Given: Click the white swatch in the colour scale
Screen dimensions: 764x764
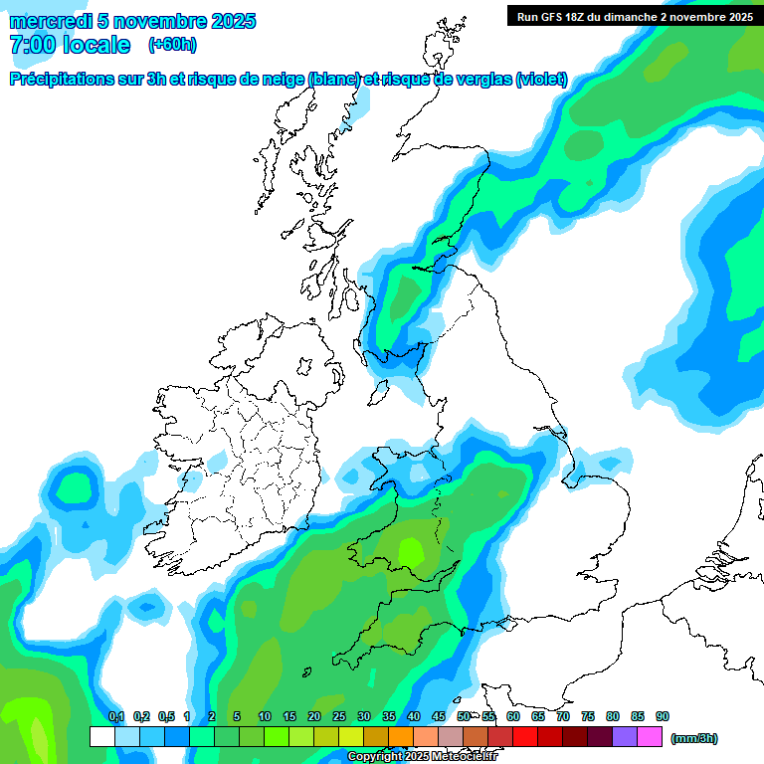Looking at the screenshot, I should point(101,736).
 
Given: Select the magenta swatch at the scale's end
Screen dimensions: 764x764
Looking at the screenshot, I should point(650,736).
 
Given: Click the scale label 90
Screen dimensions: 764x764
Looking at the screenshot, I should point(663,716).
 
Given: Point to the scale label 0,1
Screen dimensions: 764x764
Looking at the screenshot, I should point(115,716).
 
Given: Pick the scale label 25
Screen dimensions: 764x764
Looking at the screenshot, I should point(339,716).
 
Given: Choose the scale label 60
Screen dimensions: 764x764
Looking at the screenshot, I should point(513,716).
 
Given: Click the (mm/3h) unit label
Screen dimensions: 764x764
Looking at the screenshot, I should point(694,738).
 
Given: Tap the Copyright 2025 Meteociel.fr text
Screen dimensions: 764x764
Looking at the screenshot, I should point(422,757).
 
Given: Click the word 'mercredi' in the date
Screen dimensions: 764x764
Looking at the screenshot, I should point(50,21).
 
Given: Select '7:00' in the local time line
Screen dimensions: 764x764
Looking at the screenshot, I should point(31,45).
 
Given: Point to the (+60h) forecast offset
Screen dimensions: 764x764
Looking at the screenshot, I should point(171,45).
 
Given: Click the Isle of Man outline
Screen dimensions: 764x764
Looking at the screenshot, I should point(380,390).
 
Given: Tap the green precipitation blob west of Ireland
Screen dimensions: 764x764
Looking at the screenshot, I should point(74,488).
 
